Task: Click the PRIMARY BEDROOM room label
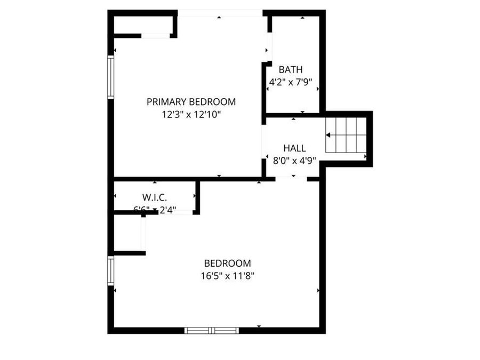[x=191, y=102]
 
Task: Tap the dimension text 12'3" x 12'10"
[x=191, y=114]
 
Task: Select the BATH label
[x=291, y=69]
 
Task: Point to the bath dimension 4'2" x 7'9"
[x=290, y=82]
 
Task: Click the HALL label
[x=294, y=148]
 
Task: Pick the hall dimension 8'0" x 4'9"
[x=294, y=159]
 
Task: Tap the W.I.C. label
[x=155, y=197]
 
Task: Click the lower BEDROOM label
[x=227, y=263]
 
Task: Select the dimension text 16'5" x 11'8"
[x=227, y=276]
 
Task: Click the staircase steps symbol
[x=346, y=135]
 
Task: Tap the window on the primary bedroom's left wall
[x=111, y=77]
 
